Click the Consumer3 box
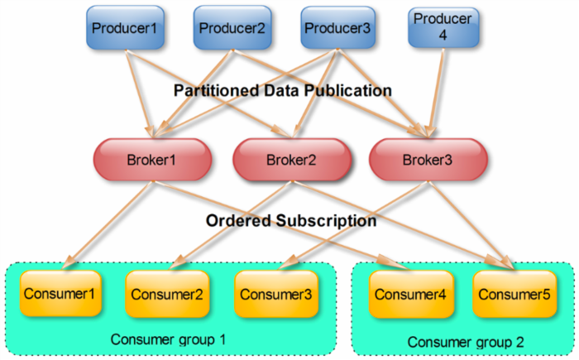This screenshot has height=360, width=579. coord(271,294)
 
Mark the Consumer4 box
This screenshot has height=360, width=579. coord(405,294)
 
